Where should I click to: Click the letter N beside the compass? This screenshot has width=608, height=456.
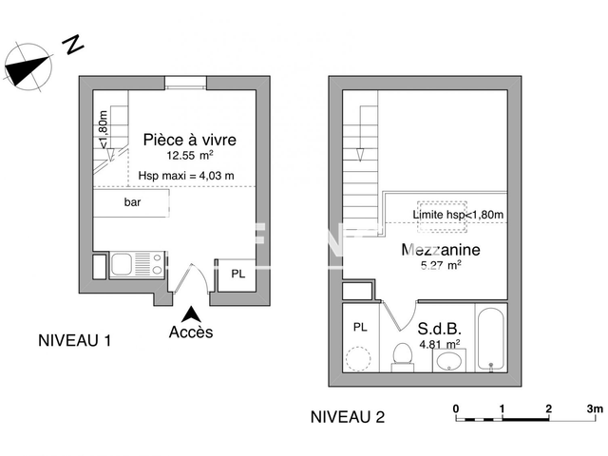[71, 44]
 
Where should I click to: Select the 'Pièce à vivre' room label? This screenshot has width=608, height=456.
[189, 140]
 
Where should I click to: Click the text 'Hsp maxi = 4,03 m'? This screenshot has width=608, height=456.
[186, 176]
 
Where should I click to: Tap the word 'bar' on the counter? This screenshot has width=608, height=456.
[132, 202]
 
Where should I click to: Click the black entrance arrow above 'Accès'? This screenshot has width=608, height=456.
[191, 313]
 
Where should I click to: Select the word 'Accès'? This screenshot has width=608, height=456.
[191, 332]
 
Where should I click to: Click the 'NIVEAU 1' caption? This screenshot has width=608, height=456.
[74, 340]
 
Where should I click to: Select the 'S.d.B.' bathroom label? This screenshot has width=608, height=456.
[438, 329]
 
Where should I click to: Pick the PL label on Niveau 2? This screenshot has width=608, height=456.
[360, 326]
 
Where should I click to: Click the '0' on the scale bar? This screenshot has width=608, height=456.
[456, 408]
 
